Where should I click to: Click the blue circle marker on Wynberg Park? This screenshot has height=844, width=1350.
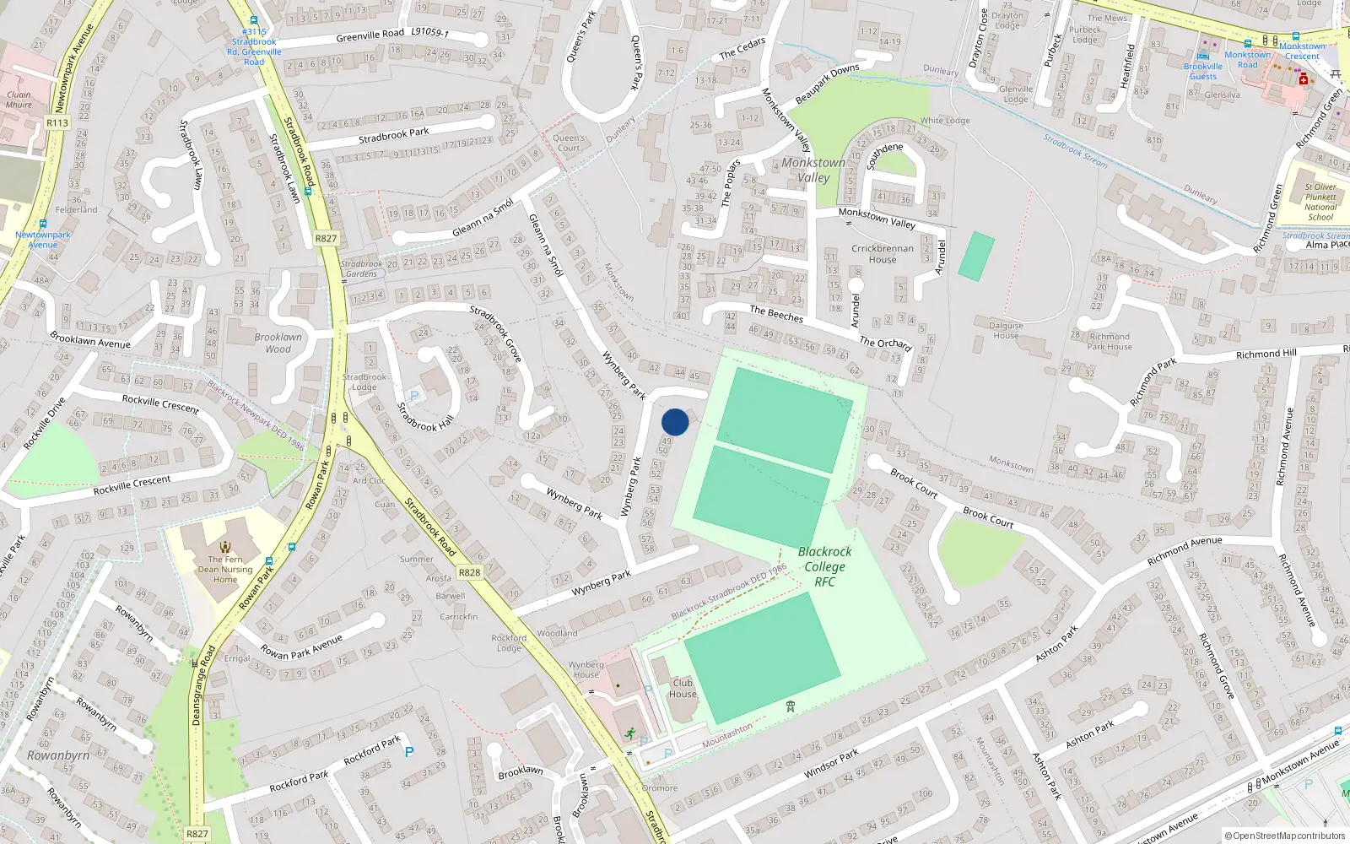coord(675,422)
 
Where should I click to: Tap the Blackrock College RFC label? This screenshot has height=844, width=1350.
coord(824,566)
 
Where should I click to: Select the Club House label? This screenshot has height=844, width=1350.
coord(683,689)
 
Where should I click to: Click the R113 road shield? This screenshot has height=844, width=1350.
coord(57,123)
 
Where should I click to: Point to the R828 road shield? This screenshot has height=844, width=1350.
coord(469,572)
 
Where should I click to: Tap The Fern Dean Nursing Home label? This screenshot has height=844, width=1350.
coord(225,568)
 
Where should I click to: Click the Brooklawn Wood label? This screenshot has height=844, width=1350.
coord(278,343)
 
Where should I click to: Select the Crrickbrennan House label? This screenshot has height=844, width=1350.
coord(883,254)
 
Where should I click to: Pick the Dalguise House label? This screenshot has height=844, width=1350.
coord(1006,330)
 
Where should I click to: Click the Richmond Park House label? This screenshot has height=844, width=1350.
coord(1110,341)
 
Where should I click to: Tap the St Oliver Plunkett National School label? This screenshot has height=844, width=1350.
coord(1320,202)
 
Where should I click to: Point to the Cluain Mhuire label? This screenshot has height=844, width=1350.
coord(19,100)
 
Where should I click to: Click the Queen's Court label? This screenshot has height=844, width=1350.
coord(569,143)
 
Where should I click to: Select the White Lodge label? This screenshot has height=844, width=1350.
coord(945,121)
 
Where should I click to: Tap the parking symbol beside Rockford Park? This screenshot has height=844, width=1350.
coord(409,751)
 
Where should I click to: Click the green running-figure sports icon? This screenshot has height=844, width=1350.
coord(629,733)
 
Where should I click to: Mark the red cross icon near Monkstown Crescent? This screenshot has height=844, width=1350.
coord(1304,79)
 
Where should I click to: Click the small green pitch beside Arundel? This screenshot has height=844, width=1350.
coord(977,257)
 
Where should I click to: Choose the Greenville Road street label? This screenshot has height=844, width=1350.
coord(370,35)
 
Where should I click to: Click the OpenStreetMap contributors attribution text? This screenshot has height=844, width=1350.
coord(1285,836)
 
